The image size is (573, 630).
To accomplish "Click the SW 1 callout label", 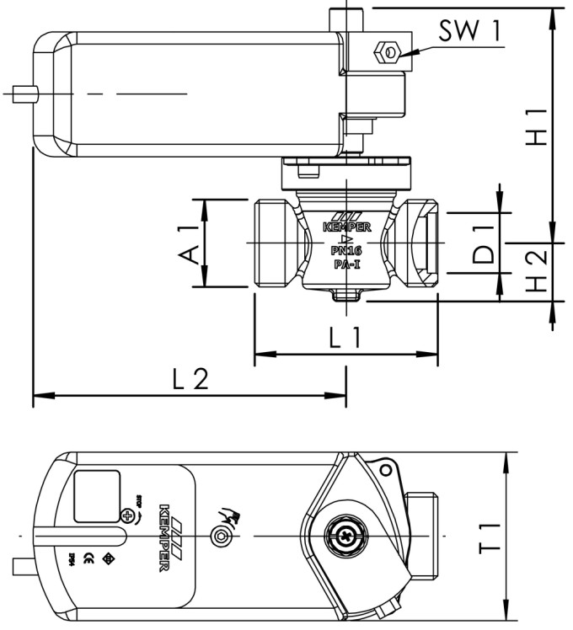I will pos(469,31).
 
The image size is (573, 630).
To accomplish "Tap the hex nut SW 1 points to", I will pos(388,52).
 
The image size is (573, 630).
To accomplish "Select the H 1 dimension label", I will pos(536,126).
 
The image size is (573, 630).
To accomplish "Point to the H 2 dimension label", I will pos(536,271).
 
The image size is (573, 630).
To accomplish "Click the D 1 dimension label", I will pos(482,243).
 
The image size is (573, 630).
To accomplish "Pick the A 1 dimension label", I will pos(191,243).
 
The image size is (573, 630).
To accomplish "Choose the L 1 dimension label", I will pos(345,339).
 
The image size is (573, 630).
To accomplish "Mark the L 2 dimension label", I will pos(189,380).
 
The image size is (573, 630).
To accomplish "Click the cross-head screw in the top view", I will pos(346,536).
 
